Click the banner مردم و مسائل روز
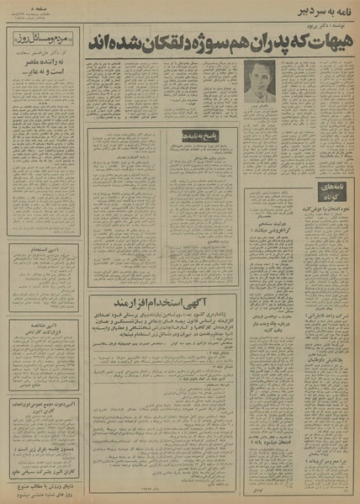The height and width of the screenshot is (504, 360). coord(41,40)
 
